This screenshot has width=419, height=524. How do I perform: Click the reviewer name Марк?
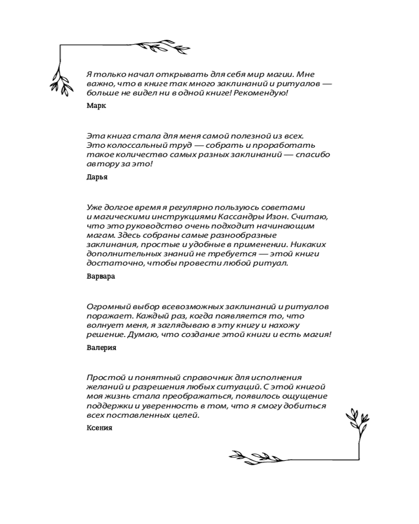pos(96,106)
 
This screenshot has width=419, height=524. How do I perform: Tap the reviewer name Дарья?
pos(97,177)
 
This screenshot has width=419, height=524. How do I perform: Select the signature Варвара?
pos(101,276)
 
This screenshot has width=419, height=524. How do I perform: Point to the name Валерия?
pos(101,347)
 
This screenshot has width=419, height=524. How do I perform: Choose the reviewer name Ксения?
pos(99,428)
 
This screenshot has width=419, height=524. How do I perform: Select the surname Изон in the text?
pos(279,216)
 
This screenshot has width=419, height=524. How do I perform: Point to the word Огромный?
pos(107,306)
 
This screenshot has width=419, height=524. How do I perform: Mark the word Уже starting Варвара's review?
pos(94,207)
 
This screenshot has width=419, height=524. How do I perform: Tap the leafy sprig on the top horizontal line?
pos(155,46)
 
